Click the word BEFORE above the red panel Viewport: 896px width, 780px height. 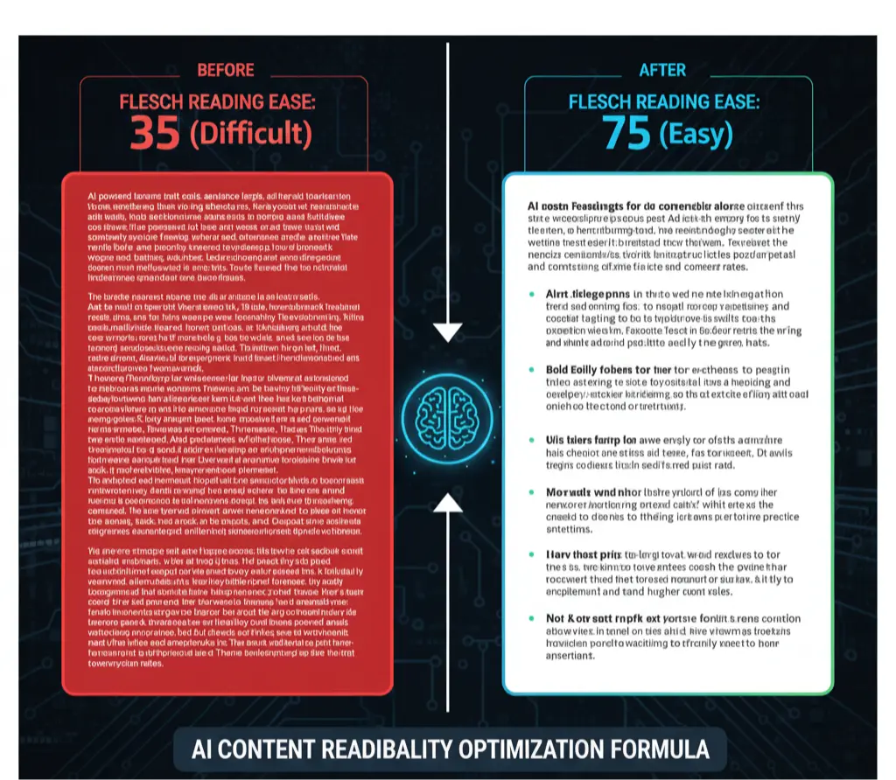pyautogui.click(x=226, y=70)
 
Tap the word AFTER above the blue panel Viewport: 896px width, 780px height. pyautogui.click(x=662, y=70)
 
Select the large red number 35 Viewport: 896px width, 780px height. pyautogui.click(x=156, y=133)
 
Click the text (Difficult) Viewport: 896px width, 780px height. pyautogui.click(x=250, y=133)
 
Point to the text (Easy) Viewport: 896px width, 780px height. pyautogui.click(x=695, y=134)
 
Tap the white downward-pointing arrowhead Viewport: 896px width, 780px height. pyautogui.click(x=448, y=332)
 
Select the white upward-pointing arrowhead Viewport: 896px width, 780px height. pyautogui.click(x=448, y=501)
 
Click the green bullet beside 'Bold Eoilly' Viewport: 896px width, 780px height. pyautogui.click(x=532, y=369)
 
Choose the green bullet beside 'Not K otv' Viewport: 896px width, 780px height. pyautogui.click(x=532, y=617)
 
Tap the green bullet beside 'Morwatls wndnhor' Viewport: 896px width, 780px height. pyautogui.click(x=532, y=493)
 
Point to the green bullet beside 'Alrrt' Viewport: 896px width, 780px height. pyautogui.click(x=532, y=295)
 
